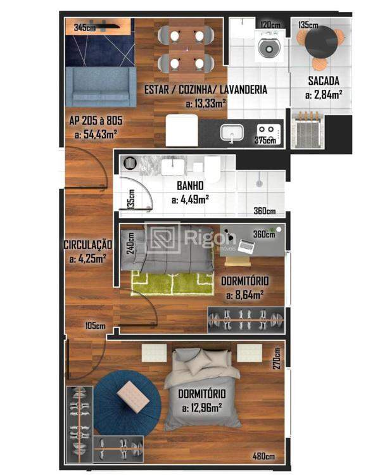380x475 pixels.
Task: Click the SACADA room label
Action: [324, 81]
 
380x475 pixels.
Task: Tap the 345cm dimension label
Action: [85, 28]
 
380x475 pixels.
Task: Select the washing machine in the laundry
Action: [270, 46]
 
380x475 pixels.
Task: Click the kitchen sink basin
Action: [232, 132]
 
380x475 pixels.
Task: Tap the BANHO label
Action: [190, 186]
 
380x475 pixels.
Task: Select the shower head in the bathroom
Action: [259, 181]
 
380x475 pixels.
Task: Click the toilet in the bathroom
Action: [212, 169]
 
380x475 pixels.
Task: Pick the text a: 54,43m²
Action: [96, 134]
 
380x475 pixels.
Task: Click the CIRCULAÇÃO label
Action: [87, 244]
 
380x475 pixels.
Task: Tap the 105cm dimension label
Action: [95, 326]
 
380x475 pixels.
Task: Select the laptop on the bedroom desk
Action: [246, 246]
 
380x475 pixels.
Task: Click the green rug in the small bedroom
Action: [172, 283]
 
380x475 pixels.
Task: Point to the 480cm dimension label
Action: [264, 455]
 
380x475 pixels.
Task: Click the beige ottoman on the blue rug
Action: [133, 396]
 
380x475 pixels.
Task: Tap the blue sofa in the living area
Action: [100, 87]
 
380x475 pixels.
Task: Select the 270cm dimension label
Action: [276, 358]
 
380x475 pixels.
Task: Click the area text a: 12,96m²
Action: [202, 407]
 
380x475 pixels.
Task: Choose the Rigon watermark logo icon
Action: [162, 239]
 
